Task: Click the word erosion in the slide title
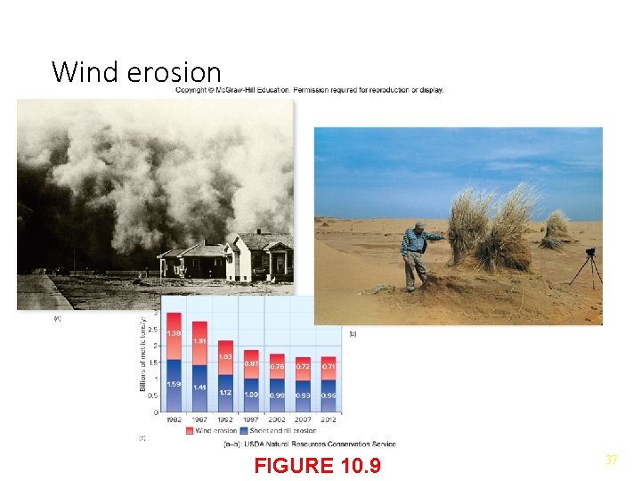174,71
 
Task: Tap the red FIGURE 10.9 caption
317,465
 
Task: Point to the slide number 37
612,460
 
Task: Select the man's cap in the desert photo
419,225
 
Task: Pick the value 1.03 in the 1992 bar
225,356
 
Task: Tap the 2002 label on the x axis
278,420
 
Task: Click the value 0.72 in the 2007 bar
304,366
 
